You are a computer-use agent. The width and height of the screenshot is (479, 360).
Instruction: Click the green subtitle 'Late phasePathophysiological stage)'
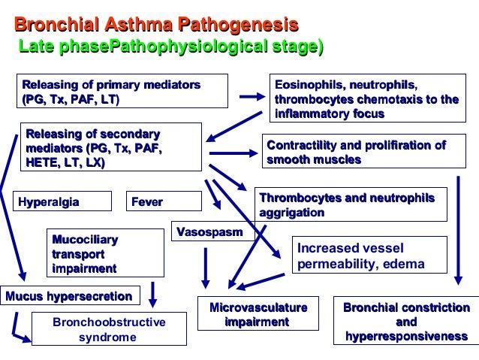click(x=170, y=48)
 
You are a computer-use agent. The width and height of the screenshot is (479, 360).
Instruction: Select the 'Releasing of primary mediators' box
click(x=110, y=92)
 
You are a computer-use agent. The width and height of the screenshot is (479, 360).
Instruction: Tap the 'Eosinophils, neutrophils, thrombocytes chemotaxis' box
click(x=366, y=99)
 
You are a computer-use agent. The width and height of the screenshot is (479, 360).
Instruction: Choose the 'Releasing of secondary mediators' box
click(x=110, y=147)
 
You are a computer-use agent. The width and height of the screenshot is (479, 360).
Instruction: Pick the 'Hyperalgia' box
click(x=62, y=201)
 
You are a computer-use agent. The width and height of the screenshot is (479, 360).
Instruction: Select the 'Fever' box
click(x=164, y=201)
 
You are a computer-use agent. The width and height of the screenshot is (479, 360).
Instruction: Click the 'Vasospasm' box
click(x=209, y=232)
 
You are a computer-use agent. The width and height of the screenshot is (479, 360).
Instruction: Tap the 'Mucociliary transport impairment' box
click(x=105, y=253)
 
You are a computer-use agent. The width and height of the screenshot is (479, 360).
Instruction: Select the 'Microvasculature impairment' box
click(x=259, y=315)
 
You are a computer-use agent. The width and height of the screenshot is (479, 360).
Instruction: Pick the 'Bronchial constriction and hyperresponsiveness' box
click(x=405, y=321)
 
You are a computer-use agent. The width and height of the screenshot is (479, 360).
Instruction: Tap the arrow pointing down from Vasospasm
click(x=206, y=268)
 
